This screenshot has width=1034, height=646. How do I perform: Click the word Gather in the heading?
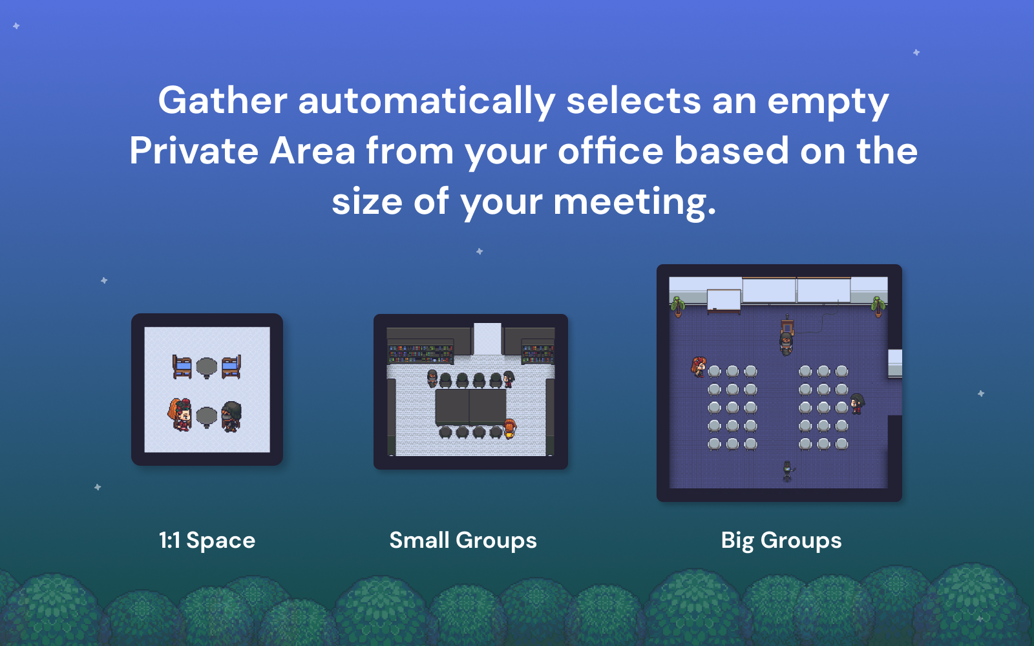click(x=223, y=101)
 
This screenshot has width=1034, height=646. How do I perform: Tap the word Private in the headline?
click(x=194, y=151)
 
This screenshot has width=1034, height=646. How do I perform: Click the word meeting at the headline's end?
click(x=634, y=203)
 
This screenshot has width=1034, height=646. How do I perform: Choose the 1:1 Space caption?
click(x=207, y=541)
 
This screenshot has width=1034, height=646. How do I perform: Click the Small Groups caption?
click(x=463, y=541)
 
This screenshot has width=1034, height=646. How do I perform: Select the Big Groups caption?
click(x=781, y=541)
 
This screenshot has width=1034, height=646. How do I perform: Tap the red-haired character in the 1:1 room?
click(x=180, y=415)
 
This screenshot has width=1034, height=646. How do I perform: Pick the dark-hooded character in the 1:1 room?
click(x=231, y=416)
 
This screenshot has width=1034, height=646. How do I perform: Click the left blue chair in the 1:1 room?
click(x=182, y=366)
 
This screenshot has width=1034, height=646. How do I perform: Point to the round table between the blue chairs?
click(x=206, y=368)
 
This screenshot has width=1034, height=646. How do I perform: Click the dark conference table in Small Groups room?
click(x=470, y=408)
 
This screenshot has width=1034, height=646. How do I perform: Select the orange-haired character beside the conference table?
click(x=510, y=429)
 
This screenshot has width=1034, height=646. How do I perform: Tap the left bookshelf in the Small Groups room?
click(x=420, y=352)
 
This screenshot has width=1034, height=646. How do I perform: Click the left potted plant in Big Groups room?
click(x=678, y=306)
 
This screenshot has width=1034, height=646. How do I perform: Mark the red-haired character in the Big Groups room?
click(x=699, y=367)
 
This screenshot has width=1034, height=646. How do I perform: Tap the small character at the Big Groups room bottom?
click(x=788, y=471)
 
